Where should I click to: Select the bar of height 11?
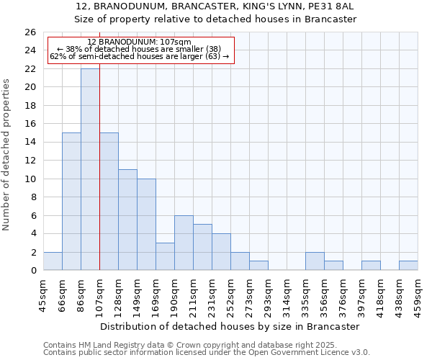pos(127,220)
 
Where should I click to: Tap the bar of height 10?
pos(146,224)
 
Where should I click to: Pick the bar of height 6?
pos(184,243)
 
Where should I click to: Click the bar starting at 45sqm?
pos(53,261)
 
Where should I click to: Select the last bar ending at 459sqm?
pos(408,266)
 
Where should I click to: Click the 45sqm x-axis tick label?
pos(43,296)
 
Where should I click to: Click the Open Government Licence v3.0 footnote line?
pos(207,353)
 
